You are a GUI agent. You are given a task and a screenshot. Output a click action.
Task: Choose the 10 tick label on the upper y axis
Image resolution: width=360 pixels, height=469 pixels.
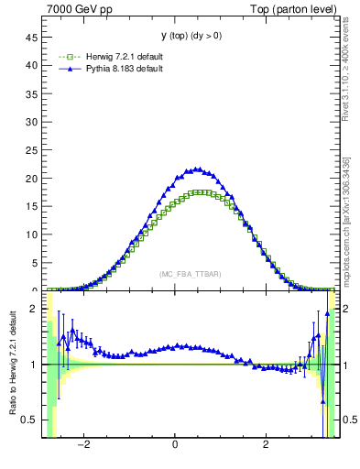point(34,234)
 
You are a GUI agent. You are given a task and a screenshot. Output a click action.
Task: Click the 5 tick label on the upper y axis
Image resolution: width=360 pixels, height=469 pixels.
point(37,263)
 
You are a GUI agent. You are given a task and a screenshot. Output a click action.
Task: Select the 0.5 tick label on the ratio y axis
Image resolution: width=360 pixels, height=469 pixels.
point(32,420)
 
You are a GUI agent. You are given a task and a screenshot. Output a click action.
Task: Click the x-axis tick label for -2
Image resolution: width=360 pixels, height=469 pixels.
point(83,446)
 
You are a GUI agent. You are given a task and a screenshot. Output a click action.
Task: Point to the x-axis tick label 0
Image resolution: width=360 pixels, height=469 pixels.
point(175,446)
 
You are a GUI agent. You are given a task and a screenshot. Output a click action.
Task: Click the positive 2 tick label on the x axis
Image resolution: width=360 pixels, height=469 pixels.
point(266,446)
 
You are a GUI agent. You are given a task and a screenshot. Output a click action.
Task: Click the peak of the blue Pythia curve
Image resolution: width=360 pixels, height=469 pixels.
point(195,169)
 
